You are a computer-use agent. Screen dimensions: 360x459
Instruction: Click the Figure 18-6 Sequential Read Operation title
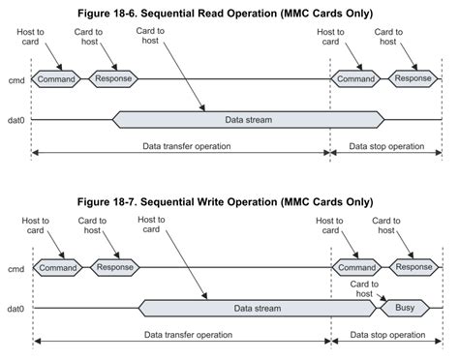[229, 13]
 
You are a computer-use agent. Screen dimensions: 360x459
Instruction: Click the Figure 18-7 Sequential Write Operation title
[229, 201]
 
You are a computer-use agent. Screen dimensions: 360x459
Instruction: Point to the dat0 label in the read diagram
[15, 120]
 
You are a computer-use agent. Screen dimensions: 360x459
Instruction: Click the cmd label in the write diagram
[15, 268]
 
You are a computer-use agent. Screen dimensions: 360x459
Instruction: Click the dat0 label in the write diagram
[15, 309]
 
